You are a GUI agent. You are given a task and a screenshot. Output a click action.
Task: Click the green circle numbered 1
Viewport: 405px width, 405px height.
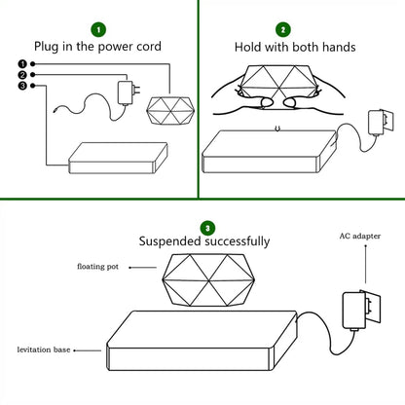pyautogui.click(x=98, y=30)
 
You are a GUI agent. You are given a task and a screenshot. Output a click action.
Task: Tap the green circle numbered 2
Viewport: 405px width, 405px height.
pyautogui.click(x=283, y=30)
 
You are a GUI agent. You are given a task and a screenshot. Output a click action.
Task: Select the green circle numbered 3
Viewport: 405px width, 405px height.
pyautogui.click(x=207, y=229)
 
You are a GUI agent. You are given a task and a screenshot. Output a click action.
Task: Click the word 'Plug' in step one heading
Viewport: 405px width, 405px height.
pyautogui.click(x=47, y=47)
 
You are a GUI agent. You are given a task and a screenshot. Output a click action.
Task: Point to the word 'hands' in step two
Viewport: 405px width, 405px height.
pyautogui.click(x=339, y=47)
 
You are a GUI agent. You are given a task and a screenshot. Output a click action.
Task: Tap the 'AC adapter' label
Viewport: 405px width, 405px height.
pyautogui.click(x=360, y=236)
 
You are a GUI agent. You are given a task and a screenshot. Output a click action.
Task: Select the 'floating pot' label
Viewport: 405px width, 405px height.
pyautogui.click(x=97, y=267)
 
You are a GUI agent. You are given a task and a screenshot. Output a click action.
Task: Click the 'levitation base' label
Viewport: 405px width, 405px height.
pyautogui.click(x=44, y=350)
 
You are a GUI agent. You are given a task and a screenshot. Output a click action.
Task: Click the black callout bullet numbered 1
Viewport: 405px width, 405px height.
pyautogui.click(x=22, y=64)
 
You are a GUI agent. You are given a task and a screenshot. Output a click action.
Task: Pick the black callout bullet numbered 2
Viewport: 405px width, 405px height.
pyautogui.click(x=22, y=75)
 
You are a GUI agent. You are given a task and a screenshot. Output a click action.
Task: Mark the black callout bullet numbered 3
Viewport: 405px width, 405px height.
pyautogui.click(x=22, y=86)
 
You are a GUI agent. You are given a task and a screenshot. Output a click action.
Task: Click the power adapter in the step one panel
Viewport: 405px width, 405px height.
pyautogui.click(x=128, y=92)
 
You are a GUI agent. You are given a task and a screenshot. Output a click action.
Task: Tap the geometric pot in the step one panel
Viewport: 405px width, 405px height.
pyautogui.click(x=170, y=110)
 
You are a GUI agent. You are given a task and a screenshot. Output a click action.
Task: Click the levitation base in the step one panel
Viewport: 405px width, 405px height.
pyautogui.click(x=118, y=158)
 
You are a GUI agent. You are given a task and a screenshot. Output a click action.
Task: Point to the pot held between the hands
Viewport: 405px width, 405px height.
pyautogui.click(x=278, y=82)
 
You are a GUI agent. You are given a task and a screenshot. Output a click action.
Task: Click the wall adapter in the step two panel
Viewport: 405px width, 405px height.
pyautogui.click(x=381, y=122)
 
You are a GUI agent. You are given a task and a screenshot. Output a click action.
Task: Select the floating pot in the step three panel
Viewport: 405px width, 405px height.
pyautogui.click(x=208, y=279)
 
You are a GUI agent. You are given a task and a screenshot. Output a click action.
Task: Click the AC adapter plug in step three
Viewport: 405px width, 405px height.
pyautogui.click(x=361, y=311)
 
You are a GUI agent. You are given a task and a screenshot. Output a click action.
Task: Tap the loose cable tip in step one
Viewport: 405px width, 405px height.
pyautogui.click(x=55, y=111)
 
